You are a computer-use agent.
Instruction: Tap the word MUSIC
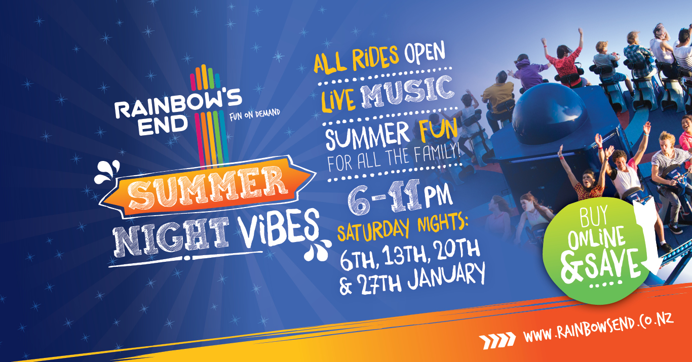408,92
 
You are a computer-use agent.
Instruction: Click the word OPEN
425,52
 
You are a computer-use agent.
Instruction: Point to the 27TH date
379,281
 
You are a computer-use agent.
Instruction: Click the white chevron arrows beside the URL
497,340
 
